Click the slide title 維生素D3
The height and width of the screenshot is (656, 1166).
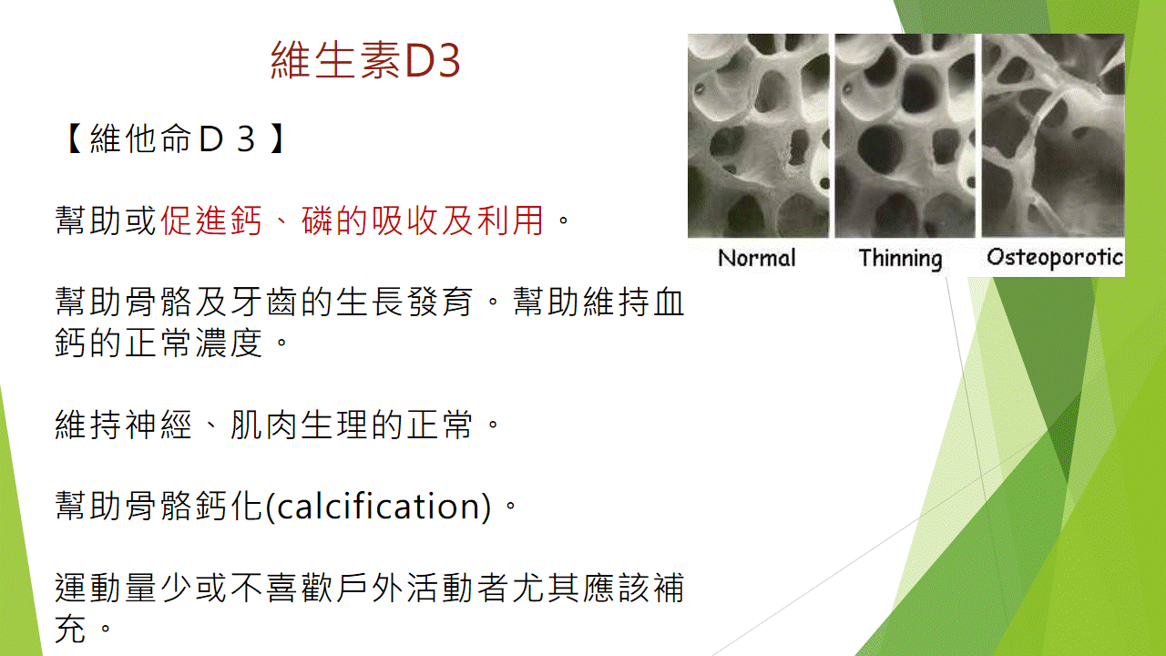pos(365,60)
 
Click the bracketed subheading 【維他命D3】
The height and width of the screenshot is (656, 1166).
pos(175,139)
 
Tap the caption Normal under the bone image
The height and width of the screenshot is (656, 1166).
pos(756,258)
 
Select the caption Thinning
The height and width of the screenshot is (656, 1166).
pos(901,259)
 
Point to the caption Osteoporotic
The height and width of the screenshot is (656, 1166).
pos(1055,257)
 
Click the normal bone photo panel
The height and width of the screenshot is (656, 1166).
pos(758,136)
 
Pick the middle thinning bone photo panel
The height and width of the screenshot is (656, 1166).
pos(905,136)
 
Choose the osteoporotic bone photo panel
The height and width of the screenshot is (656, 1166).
pos(1053,136)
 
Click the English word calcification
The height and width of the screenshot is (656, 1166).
pos(384,506)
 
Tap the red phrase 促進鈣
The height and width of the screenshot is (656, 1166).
pos(210,220)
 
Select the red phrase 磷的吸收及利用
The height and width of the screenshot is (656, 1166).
pos(423,220)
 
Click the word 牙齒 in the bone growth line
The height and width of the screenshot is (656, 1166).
pos(264,302)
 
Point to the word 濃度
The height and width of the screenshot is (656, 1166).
pos(229,343)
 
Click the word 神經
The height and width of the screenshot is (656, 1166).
pos(159,425)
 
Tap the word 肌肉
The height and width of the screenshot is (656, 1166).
pos(264,425)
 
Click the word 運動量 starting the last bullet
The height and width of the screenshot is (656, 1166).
pos(106,589)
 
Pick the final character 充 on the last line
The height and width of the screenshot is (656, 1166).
pos(70,629)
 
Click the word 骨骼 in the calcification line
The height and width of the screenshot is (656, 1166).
pos(159,506)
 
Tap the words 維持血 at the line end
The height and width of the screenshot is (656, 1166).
pos(633,302)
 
